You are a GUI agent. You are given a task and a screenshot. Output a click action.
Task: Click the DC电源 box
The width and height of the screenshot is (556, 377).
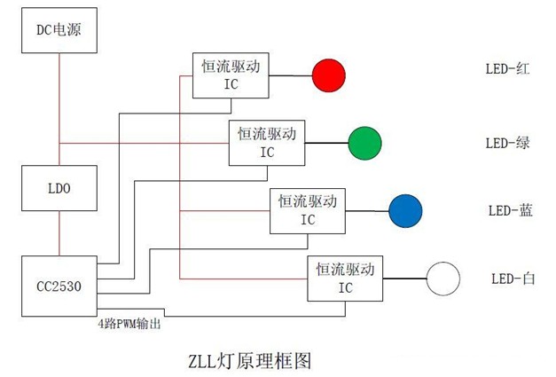pos(59,31)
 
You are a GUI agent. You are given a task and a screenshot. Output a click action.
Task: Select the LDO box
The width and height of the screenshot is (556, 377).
pos(59,188)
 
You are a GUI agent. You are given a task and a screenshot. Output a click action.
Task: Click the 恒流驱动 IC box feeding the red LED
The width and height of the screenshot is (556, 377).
pos(231,75)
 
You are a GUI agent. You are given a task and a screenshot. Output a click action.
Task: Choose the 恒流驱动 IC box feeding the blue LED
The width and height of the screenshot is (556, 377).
pos(307,210)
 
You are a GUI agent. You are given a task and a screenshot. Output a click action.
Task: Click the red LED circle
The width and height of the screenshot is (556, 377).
pos(328,75)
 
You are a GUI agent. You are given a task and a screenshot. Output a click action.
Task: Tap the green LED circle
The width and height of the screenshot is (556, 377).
pos(364,142)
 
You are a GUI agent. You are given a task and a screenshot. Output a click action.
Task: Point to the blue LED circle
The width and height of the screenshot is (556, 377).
pos(405,210)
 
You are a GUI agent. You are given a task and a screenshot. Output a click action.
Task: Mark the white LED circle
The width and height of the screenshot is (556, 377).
pos(443,279)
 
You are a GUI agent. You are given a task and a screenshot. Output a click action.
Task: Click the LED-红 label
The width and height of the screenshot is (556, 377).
pos(507,68)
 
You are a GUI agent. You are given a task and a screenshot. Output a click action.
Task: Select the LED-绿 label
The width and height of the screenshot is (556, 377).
pos(507,142)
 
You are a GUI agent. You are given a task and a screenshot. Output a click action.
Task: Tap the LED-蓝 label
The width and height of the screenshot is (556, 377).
pos(510,210)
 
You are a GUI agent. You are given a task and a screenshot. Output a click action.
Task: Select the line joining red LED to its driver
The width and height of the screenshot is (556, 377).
pos(290,75)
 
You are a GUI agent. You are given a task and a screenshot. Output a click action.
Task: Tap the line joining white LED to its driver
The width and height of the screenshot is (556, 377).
pos(404,278)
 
